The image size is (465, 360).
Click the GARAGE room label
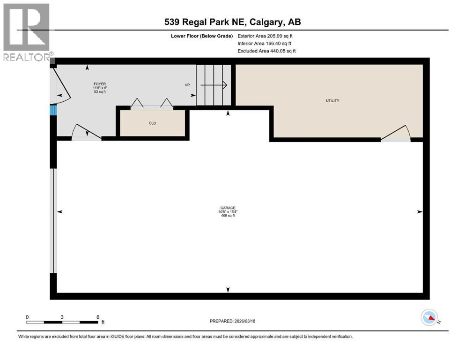228,208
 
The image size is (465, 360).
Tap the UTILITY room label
332,101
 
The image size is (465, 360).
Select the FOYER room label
99,83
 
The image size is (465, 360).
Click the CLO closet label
152,123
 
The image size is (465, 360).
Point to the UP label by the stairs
187,85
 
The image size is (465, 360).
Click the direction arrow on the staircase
214,85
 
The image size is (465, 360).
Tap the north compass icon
429,318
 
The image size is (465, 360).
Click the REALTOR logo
27,32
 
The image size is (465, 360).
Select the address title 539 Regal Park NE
232,22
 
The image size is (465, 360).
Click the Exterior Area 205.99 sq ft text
265,36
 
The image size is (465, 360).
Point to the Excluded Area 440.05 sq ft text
266,51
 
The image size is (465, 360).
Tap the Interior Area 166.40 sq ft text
264,43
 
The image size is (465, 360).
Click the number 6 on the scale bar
98,317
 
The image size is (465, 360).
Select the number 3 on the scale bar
62,317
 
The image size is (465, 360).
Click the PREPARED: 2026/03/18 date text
232,321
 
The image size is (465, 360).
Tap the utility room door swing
396,134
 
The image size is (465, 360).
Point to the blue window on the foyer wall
53,110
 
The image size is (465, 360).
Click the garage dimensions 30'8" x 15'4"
228,212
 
